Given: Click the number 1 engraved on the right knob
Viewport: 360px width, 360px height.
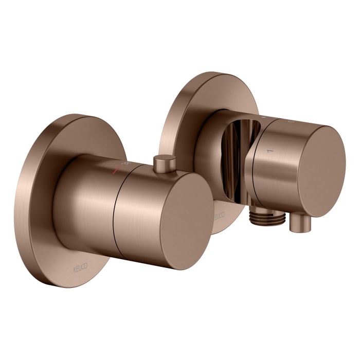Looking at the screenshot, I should coord(266,151).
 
